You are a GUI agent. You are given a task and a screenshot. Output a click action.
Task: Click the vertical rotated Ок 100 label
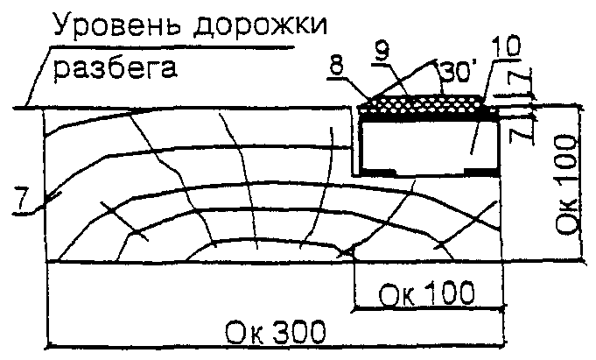pos(566,184)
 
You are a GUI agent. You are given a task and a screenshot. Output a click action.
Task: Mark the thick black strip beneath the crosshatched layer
pos(429,114)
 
